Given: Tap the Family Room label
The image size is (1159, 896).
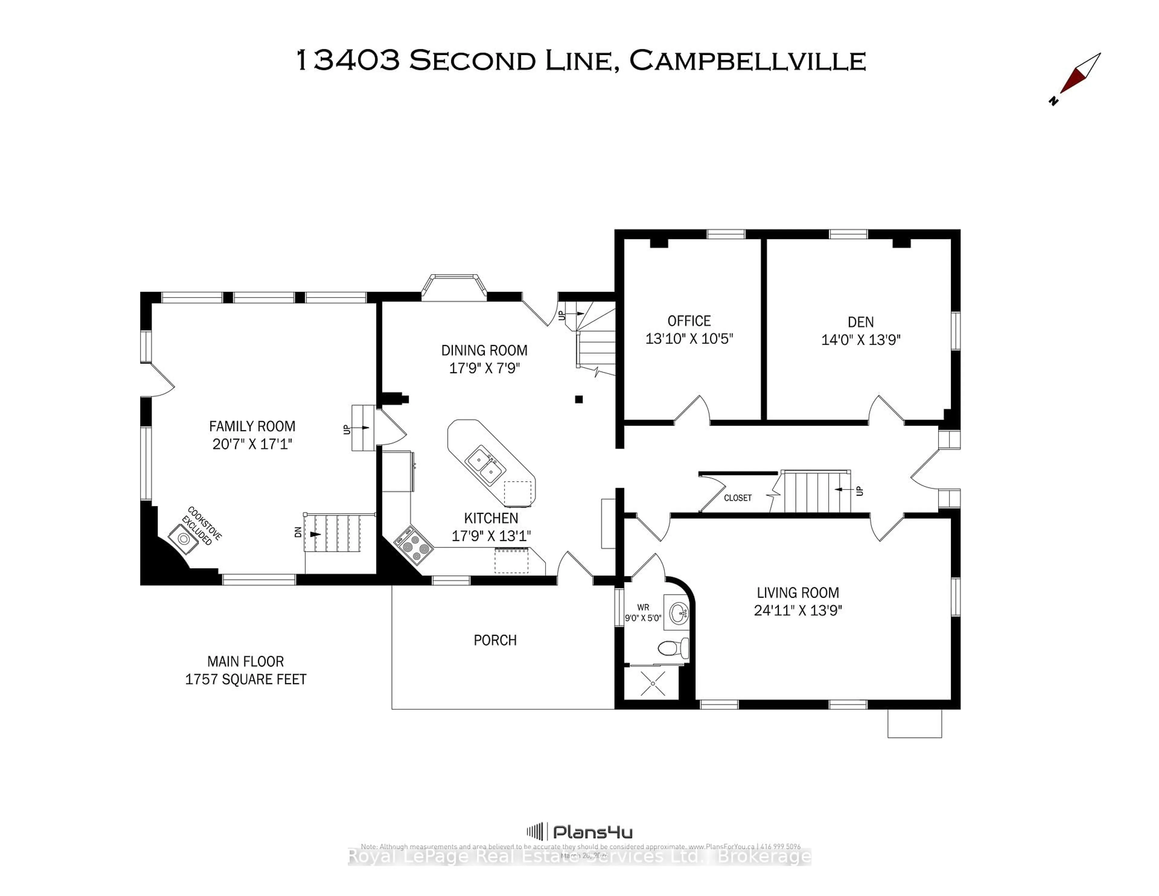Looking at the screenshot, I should pyautogui.click(x=252, y=426).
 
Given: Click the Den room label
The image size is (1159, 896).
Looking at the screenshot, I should pyautogui.click(x=860, y=322).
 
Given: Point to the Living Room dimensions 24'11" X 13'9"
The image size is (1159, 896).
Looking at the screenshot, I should pyautogui.click(x=798, y=610).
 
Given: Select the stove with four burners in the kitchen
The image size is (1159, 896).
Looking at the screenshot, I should pyautogui.click(x=414, y=545).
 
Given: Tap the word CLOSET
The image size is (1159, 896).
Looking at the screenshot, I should pyautogui.click(x=737, y=498).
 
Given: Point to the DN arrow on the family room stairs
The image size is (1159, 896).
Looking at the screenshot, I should pyautogui.click(x=315, y=534).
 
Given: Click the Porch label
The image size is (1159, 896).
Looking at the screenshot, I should pyautogui.click(x=495, y=640).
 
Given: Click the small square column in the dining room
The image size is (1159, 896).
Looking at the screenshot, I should pyautogui.click(x=579, y=399).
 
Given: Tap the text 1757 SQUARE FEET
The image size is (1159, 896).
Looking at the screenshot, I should pyautogui.click(x=246, y=680).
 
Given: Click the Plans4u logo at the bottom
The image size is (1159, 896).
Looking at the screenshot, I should pyautogui.click(x=579, y=832).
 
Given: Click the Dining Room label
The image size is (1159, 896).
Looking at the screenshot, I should pyautogui.click(x=484, y=350).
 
